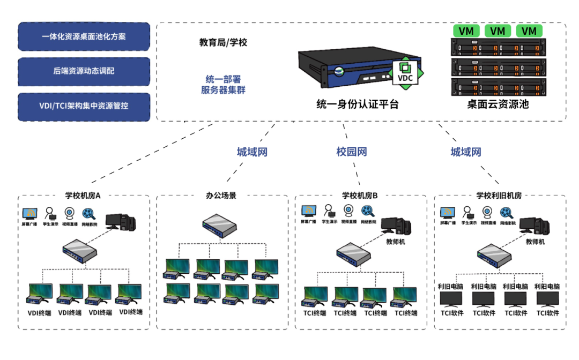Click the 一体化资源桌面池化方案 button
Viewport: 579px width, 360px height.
tap(84, 37)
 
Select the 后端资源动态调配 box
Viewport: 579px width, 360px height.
tap(84, 71)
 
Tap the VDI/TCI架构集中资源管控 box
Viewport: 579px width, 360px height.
tap(84, 106)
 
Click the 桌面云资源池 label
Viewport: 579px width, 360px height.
tap(498, 104)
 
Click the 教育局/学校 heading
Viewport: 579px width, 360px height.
tap(223, 42)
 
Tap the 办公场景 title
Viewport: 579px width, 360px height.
tap(221, 196)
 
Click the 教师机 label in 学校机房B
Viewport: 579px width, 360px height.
tap(397, 242)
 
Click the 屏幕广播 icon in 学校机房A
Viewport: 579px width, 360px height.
tap(30, 214)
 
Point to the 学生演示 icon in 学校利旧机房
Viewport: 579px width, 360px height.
tap(468, 213)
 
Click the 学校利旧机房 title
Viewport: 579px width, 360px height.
tap(499, 196)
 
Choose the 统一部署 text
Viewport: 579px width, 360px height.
tap(223, 79)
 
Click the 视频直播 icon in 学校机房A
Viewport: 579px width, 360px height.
tap(70, 213)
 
